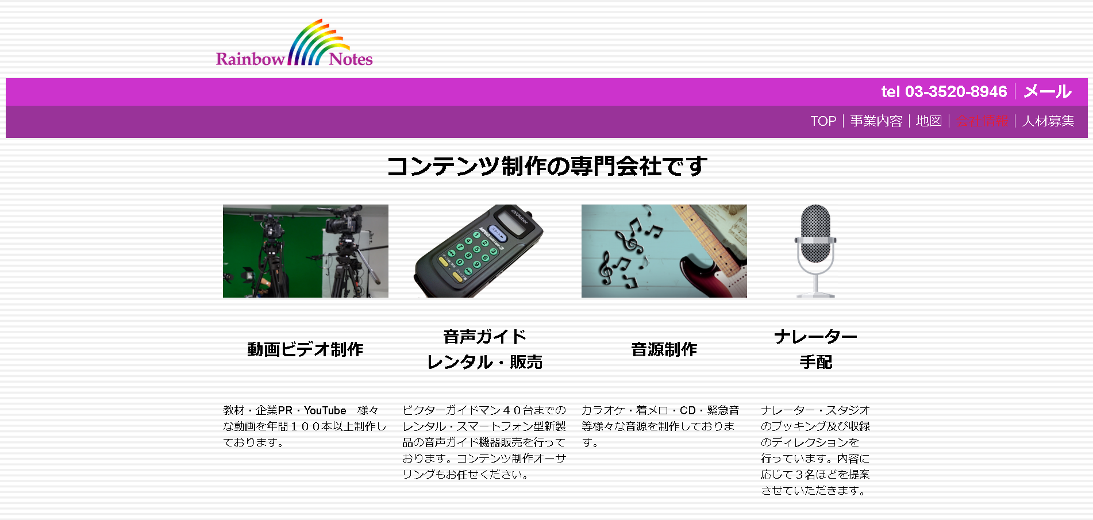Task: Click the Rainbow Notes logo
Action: pos(294,45)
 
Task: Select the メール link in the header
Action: pos(1048,91)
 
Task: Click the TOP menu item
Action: pos(823,121)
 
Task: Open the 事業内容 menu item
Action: pos(876,121)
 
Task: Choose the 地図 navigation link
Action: pos(929,121)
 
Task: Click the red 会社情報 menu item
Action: pos(982,121)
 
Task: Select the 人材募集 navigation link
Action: pos(1048,121)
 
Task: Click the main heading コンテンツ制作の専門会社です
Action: pos(546,166)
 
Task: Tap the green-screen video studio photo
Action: pos(305,251)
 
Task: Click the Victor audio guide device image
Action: pos(478,251)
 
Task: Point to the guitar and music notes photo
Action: pos(664,251)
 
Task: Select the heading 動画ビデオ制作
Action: pos(305,349)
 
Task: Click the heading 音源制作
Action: pos(664,349)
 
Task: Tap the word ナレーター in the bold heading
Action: pos(815,337)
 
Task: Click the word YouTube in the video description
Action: pos(325,410)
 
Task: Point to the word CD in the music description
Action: pos(687,410)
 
